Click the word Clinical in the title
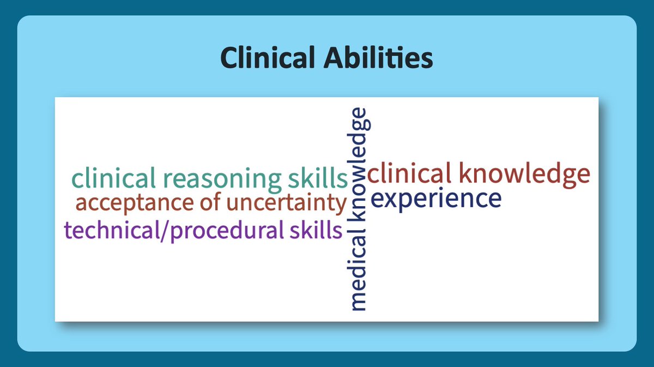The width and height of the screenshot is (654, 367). (268, 57)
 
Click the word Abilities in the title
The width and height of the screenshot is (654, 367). (378, 57)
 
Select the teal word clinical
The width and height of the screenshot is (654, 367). (113, 178)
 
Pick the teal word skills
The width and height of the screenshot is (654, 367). (318, 178)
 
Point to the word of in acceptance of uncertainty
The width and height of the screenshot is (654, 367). (210, 202)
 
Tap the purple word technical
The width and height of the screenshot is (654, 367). (112, 230)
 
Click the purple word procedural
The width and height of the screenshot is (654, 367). (227, 231)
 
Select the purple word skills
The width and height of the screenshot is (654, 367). (316, 230)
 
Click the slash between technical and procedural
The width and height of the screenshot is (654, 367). (165, 231)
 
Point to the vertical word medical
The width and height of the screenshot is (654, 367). (356, 269)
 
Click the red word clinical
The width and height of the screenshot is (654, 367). (410, 173)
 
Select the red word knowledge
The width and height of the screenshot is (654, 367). (525, 175)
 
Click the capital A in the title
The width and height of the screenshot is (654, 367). (335, 58)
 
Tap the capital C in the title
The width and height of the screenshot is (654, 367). (229, 58)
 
